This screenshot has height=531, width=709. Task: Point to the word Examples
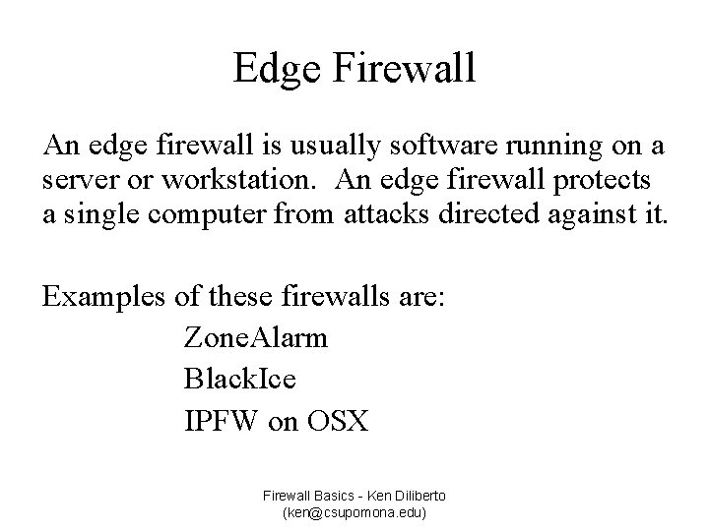pyautogui.click(x=99, y=297)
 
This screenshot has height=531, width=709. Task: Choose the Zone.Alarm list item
pyautogui.click(x=256, y=339)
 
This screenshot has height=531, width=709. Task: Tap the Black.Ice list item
pyautogui.click(x=240, y=379)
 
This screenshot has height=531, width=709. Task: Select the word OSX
pyautogui.click(x=337, y=421)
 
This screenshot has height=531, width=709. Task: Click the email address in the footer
pyautogui.click(x=354, y=512)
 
